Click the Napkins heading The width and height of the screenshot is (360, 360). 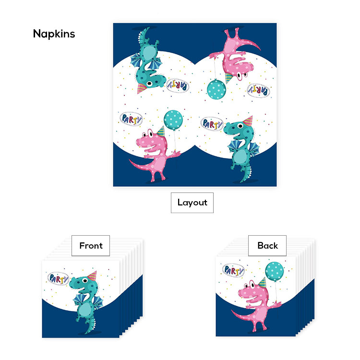[x=54, y=34]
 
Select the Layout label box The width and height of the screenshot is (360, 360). [x=192, y=203]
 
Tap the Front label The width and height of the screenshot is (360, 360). [x=91, y=246]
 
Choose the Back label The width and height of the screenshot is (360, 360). [x=267, y=246]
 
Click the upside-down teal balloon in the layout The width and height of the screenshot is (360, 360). [x=216, y=89]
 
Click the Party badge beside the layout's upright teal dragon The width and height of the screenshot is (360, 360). [x=212, y=124]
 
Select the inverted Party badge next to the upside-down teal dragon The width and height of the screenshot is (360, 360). [x=178, y=85]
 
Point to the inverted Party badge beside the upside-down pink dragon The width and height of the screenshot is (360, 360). [x=259, y=89]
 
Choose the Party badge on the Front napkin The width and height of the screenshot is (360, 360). [x=59, y=278]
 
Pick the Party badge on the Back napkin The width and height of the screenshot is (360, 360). [x=234, y=270]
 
